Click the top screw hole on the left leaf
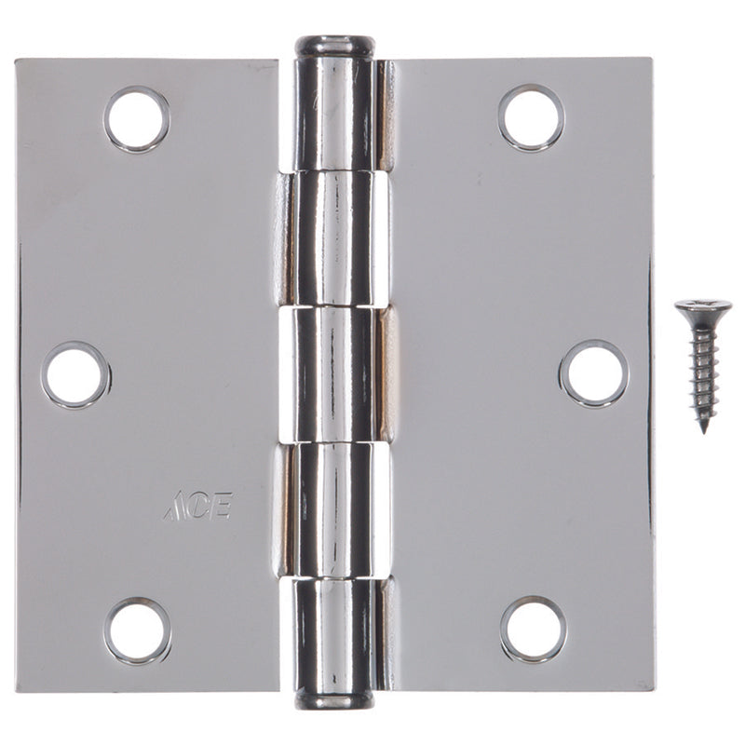(x=137, y=119)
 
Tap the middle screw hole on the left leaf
(x=75, y=374)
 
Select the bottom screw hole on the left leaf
(x=138, y=630)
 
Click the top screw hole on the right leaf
(x=531, y=118)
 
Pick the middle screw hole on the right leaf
(x=593, y=372)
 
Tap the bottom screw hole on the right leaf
(x=533, y=629)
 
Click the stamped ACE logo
(x=197, y=507)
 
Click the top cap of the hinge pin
(x=335, y=46)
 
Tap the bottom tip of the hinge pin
(x=335, y=699)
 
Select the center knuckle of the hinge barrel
(x=335, y=372)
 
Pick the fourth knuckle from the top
(x=335, y=508)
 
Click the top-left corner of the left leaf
(x=18, y=62)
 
